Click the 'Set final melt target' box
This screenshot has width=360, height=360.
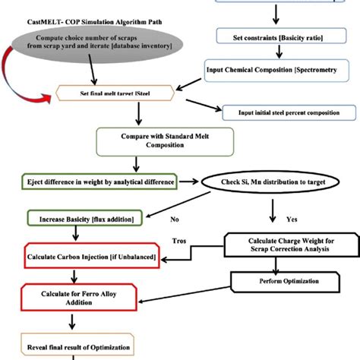[x=132, y=96]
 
